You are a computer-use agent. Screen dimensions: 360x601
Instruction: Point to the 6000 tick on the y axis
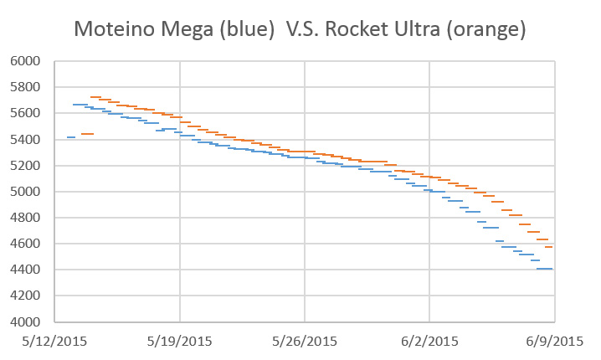pos(28,61)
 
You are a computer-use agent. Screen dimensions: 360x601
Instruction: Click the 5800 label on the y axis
pos(28,87)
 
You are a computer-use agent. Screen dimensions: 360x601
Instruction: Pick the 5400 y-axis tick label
pos(28,139)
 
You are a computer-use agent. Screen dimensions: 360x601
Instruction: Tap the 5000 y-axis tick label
pos(28,192)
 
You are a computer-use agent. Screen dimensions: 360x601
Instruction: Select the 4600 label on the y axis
pos(28,244)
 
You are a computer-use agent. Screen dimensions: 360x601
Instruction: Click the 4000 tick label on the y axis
pos(28,322)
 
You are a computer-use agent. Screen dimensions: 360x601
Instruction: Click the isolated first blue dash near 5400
pos(71,136)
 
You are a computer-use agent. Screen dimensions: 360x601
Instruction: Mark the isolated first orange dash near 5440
pos(87,134)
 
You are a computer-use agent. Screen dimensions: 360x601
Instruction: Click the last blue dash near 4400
pos(544,269)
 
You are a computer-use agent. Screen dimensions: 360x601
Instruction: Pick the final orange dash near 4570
pos(549,247)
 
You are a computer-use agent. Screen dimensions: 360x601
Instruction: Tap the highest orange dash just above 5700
pos(95,97)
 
